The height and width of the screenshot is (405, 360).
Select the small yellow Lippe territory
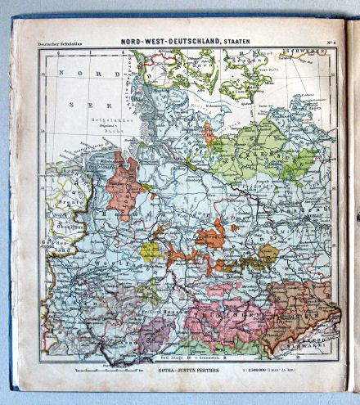[150, 250]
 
